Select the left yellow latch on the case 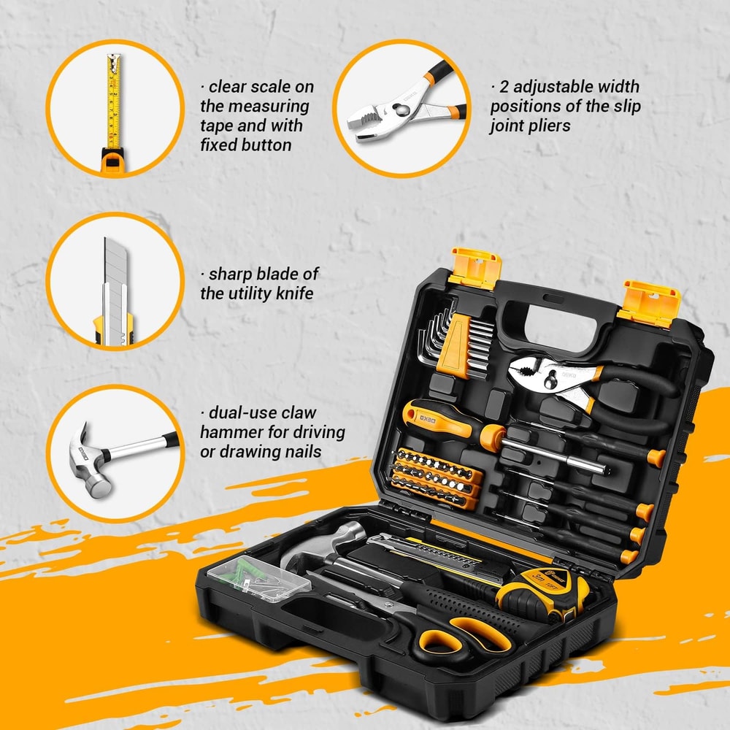point(474,266)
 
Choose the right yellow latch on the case point(649,301)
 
